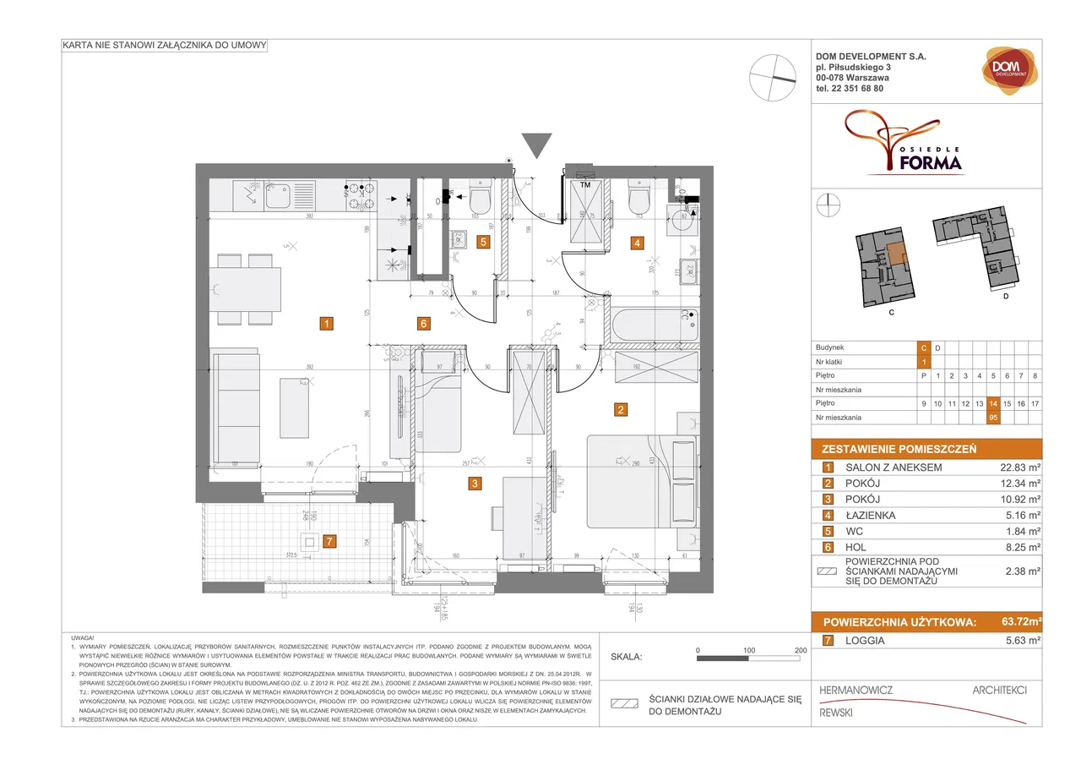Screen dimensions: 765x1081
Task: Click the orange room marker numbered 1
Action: pos(327,322)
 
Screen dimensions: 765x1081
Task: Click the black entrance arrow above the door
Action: pos(536,145)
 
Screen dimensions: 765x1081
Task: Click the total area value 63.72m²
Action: pos(1017,623)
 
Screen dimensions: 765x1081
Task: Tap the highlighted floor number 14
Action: pos(993,404)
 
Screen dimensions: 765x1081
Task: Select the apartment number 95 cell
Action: pos(993,418)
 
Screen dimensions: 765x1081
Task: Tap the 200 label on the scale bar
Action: pos(801,650)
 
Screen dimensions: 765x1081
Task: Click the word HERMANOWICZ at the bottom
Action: pos(856,691)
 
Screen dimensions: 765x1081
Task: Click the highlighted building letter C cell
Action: pos(925,347)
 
